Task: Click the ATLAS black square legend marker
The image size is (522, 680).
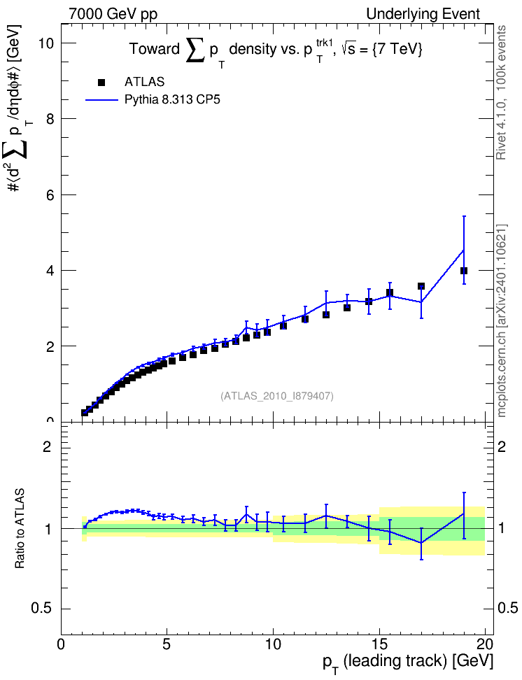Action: pyautogui.click(x=101, y=83)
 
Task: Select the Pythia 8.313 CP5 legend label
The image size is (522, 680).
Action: pyautogui.click(x=172, y=100)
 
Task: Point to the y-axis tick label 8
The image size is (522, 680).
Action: pyautogui.click(x=50, y=119)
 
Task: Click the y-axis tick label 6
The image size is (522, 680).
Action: pyautogui.click(x=50, y=194)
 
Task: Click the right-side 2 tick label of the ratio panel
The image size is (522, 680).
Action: pyautogui.click(x=502, y=446)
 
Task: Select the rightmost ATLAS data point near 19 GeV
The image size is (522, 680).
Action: pyautogui.click(x=464, y=271)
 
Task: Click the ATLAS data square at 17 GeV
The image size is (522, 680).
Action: pyautogui.click(x=421, y=286)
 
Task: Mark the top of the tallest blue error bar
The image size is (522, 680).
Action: pyautogui.click(x=464, y=216)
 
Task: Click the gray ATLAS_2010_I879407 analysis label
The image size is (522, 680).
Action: pyautogui.click(x=277, y=396)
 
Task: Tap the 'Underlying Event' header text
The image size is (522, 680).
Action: pyautogui.click(x=423, y=14)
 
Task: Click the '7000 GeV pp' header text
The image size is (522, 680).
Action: pyautogui.click(x=113, y=14)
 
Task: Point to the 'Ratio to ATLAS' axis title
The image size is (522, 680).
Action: pyautogui.click(x=20, y=528)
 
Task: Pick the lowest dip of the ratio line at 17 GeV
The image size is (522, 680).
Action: pyautogui.click(x=421, y=542)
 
